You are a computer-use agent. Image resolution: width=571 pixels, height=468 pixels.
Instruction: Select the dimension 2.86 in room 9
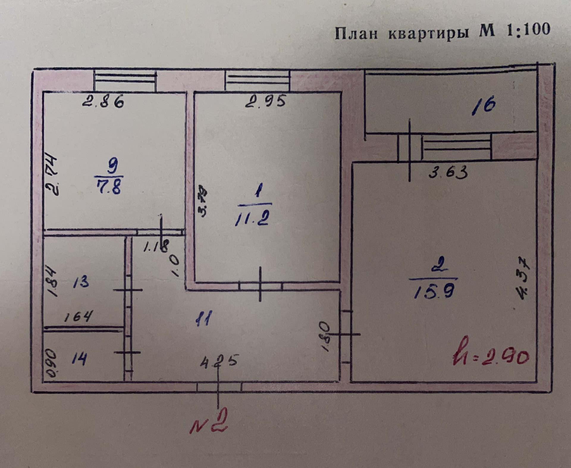coord(103,102)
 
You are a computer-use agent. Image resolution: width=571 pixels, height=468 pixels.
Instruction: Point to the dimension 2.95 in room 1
coord(266,101)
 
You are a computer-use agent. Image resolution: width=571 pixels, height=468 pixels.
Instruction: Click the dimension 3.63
coord(448,172)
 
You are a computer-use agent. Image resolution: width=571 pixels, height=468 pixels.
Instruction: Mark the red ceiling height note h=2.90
coord(490,355)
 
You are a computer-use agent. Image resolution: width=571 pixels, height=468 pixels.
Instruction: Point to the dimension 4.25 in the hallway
coord(219,361)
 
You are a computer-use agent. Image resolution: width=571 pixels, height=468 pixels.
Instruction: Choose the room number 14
coord(79,358)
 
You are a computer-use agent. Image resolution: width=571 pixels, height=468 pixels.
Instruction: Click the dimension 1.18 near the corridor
coord(156,246)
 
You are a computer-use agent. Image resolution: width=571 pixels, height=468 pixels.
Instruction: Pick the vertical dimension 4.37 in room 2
coord(523,279)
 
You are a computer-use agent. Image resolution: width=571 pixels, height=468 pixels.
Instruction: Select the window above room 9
coord(125,80)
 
